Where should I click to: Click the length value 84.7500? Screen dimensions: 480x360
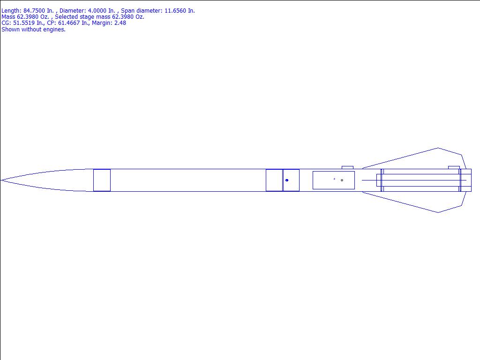coord(34,11)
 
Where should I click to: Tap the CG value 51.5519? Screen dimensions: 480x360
coord(23,23)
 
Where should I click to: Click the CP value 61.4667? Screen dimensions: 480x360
coord(69,23)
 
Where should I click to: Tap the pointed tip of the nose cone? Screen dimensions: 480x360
coord(1,180)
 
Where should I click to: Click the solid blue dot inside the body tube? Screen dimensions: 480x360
coord(287,180)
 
